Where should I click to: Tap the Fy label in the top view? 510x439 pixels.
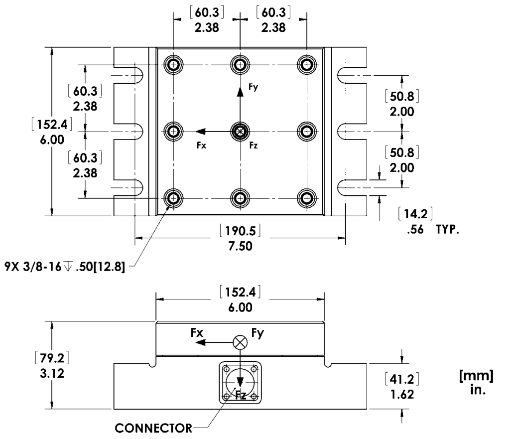pos(254,89)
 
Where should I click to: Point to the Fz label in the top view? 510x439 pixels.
pos(254,146)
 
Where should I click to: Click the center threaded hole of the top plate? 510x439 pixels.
pos(241,132)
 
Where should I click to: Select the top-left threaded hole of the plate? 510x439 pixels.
pos(174,65)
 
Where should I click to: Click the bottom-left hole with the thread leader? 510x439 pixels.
pos(174,198)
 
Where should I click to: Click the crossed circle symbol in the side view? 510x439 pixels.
pos(241,342)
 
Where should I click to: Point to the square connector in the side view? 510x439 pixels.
pos(241,383)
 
